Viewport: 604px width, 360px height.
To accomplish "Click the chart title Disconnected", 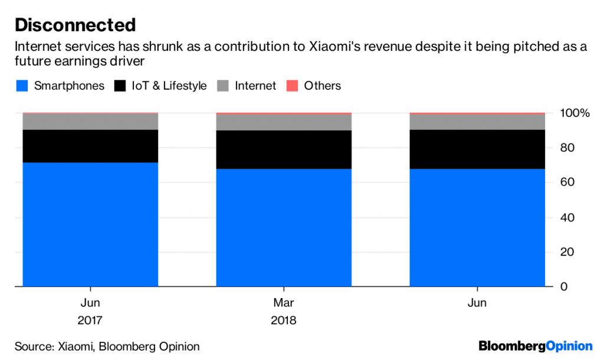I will tap(75, 25).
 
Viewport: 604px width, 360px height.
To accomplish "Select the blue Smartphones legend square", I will tap(21, 86).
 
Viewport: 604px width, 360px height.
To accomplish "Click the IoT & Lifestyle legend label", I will tap(169, 86).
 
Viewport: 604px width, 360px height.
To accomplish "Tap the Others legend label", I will tap(322, 86).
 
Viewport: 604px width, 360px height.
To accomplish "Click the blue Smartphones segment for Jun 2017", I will tap(90, 224).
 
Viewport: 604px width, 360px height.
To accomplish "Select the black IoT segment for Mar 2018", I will tap(284, 150).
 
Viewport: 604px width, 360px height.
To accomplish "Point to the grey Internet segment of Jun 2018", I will tap(477, 122).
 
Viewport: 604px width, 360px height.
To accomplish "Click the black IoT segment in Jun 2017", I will tap(90, 146).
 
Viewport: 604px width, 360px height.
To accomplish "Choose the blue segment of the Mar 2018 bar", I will tap(284, 228).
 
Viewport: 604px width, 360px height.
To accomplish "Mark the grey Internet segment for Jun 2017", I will tap(90, 122).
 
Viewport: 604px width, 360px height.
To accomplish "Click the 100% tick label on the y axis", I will tap(575, 113).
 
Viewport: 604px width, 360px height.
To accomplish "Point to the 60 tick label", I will tap(566, 183).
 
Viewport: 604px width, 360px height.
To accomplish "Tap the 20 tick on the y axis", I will tap(566, 253).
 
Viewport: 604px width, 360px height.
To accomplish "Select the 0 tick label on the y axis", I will tap(563, 287).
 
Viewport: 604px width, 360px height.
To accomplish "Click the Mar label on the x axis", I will tap(284, 303).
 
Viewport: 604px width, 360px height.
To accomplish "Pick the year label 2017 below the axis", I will tap(90, 322).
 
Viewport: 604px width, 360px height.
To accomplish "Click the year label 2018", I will tap(284, 322).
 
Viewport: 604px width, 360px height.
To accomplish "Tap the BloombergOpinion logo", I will tap(535, 346).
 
